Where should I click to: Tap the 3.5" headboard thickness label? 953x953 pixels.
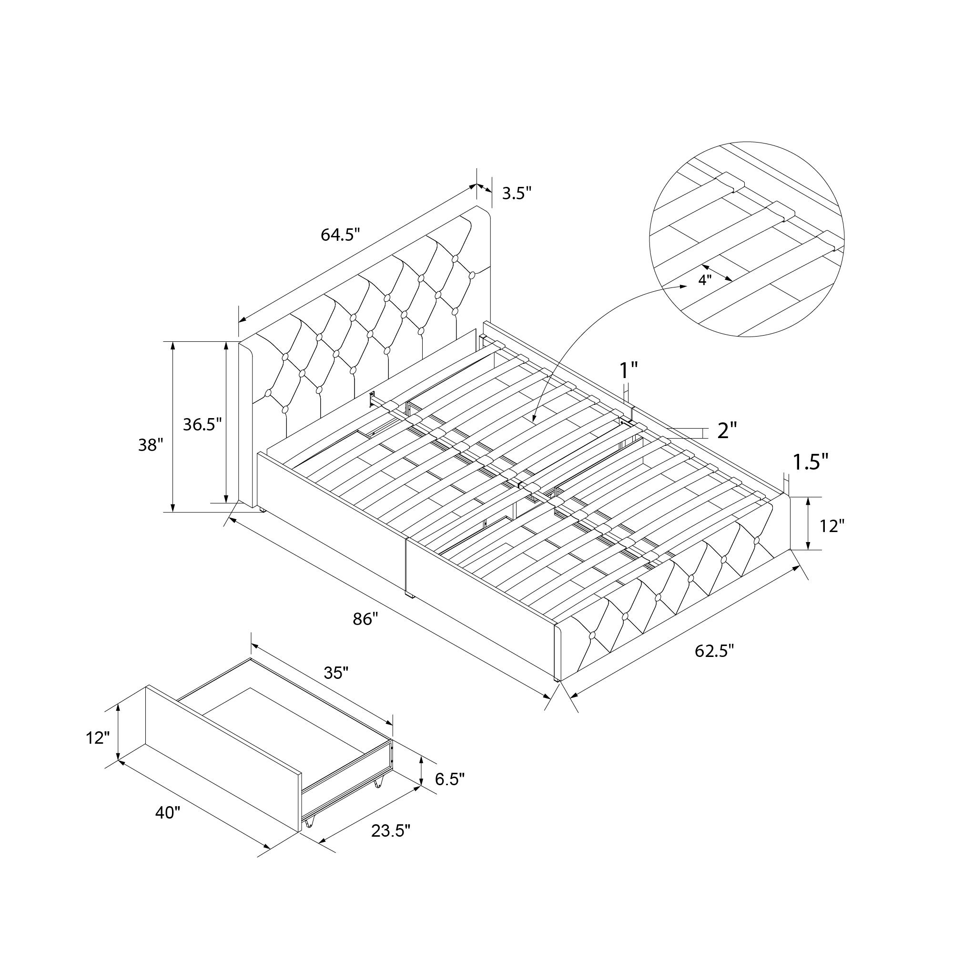[x=517, y=193]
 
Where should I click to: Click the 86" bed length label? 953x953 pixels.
[x=365, y=619]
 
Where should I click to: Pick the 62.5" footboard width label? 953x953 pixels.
[x=715, y=651]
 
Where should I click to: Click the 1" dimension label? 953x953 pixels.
[x=629, y=370]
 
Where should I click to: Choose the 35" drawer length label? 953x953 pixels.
[x=336, y=672]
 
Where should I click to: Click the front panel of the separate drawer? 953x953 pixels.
[x=223, y=760]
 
